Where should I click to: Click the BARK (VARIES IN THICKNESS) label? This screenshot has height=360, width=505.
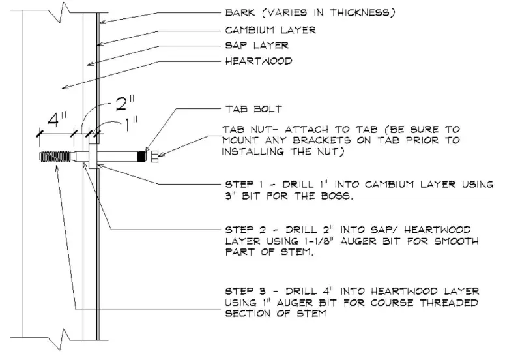309,12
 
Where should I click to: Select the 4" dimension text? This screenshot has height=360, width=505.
55,121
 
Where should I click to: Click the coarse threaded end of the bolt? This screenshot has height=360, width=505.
56,157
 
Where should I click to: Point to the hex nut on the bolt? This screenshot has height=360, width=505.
152,157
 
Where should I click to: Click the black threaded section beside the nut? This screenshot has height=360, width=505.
141,157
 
